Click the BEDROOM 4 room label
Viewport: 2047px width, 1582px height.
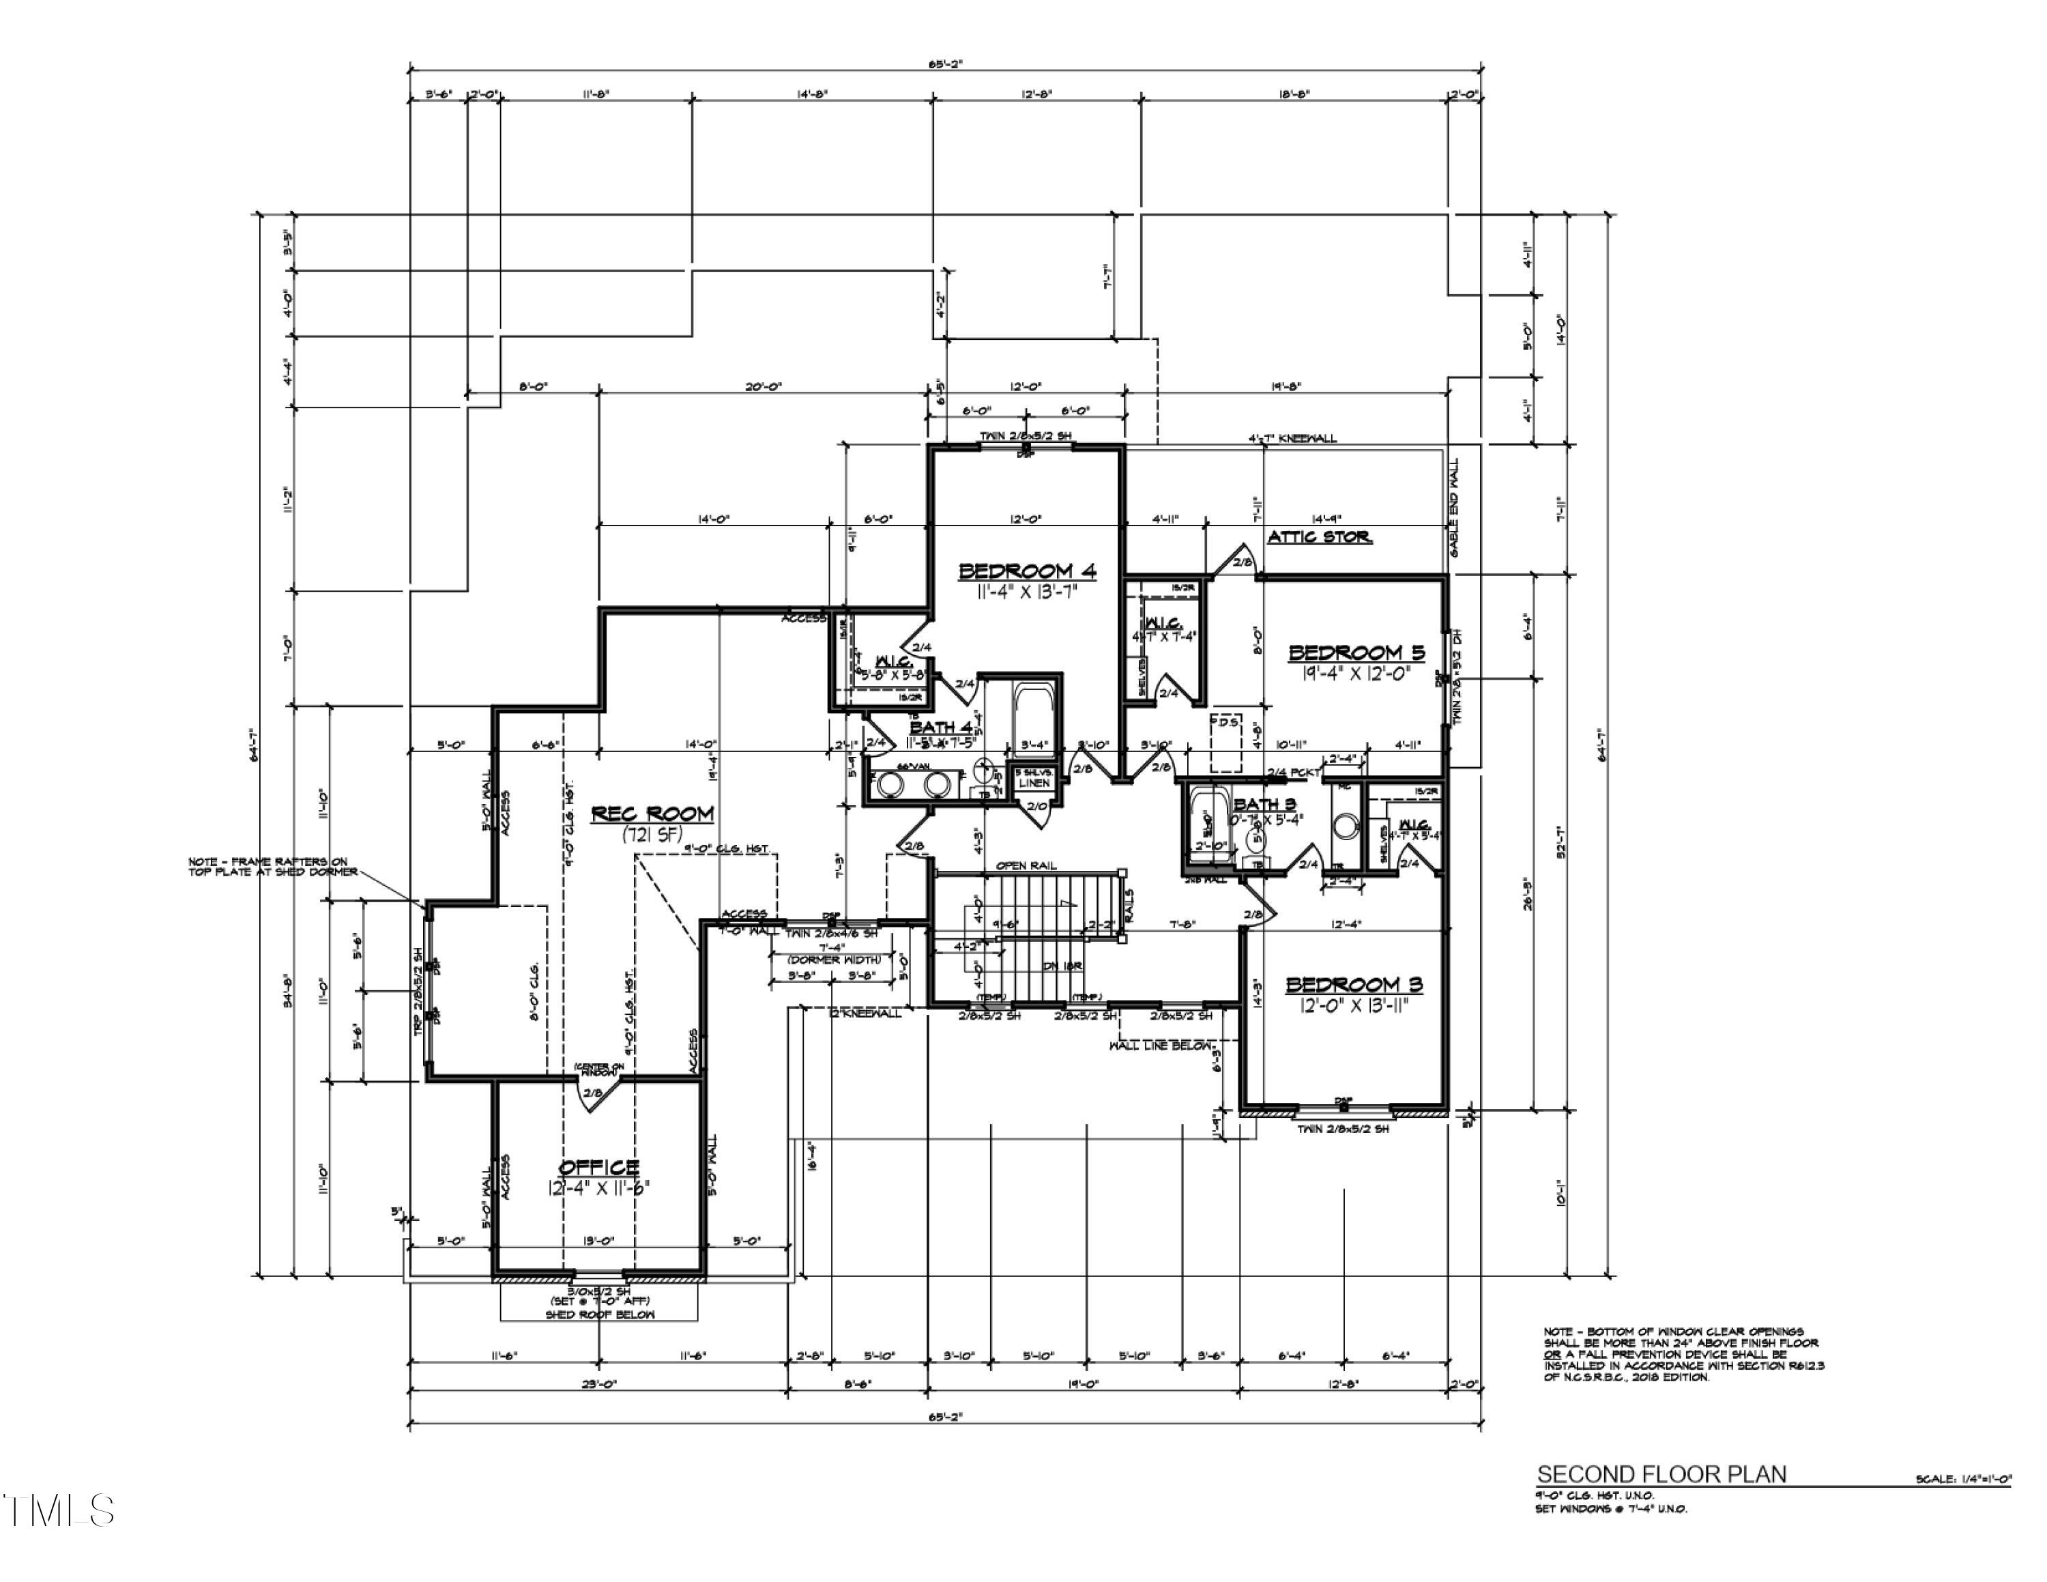[1026, 571]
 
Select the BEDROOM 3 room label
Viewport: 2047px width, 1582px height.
[1354, 984]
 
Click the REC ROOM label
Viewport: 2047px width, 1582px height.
[652, 814]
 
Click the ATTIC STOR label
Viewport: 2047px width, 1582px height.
[1318, 537]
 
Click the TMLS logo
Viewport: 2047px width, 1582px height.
[58, 1511]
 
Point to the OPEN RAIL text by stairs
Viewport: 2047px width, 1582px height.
[1026, 865]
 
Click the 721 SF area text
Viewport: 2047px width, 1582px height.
[652, 835]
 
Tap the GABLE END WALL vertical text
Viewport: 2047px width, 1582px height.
[1455, 507]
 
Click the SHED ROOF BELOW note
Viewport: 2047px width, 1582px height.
[600, 1315]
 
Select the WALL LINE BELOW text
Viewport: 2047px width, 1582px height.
[1161, 1045]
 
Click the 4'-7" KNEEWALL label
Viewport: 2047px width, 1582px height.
[1292, 437]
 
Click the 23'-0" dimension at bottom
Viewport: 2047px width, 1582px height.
[597, 1383]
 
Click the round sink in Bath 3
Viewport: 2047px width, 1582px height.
[1345, 826]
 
